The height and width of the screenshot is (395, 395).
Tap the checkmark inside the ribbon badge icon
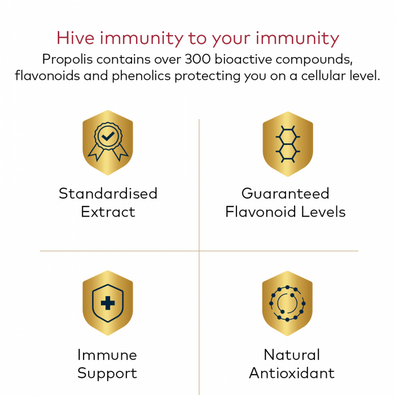(x=107, y=137)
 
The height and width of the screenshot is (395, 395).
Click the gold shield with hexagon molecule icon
(x=287, y=143)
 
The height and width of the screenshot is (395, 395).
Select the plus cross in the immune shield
(x=107, y=303)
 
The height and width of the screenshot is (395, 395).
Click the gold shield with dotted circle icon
(x=287, y=303)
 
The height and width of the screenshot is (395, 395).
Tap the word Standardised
(x=108, y=194)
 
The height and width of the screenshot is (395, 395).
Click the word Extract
(x=108, y=212)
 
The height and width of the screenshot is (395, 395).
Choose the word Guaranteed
(x=285, y=194)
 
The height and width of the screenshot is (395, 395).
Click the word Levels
(x=323, y=212)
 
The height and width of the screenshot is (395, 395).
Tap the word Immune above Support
(x=107, y=355)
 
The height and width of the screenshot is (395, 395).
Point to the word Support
(x=107, y=374)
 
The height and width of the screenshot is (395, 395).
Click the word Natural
(x=292, y=355)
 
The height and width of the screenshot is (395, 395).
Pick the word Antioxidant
(x=292, y=374)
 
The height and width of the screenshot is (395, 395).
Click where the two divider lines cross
(x=199, y=251)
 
